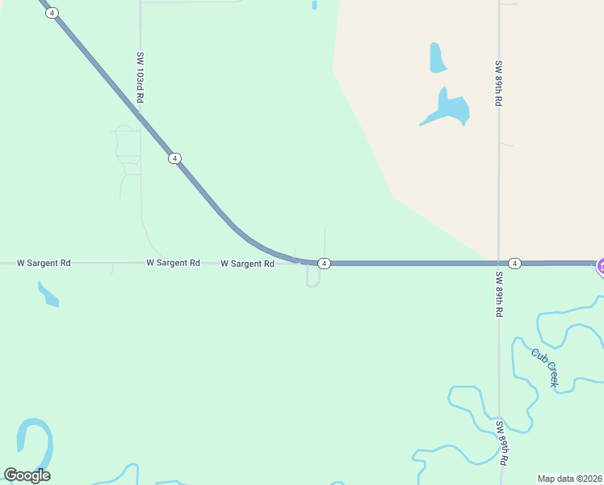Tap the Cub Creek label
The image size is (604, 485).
[x=544, y=367]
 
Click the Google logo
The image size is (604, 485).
[x=27, y=475]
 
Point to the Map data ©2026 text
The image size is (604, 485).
[x=569, y=479]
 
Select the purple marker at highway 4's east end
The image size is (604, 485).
[x=601, y=265]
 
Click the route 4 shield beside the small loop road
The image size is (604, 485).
[x=323, y=264]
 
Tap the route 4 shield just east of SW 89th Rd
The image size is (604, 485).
[x=515, y=264]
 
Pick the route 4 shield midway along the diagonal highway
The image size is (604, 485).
[x=174, y=158]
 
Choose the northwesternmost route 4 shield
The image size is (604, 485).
[x=52, y=13]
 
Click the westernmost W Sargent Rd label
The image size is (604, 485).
[x=44, y=263]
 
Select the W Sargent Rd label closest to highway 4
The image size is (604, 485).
[x=247, y=264]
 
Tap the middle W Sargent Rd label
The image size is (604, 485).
[x=173, y=263]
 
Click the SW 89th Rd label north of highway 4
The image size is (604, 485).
[x=499, y=83]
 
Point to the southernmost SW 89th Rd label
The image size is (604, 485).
[x=501, y=442]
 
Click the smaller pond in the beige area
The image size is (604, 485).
[x=437, y=57]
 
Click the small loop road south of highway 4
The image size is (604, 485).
[x=313, y=277]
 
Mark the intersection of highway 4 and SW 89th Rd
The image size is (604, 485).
[x=499, y=264]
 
